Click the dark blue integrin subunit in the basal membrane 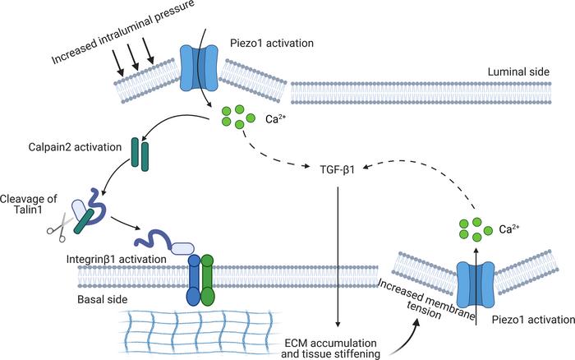click(194, 279)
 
